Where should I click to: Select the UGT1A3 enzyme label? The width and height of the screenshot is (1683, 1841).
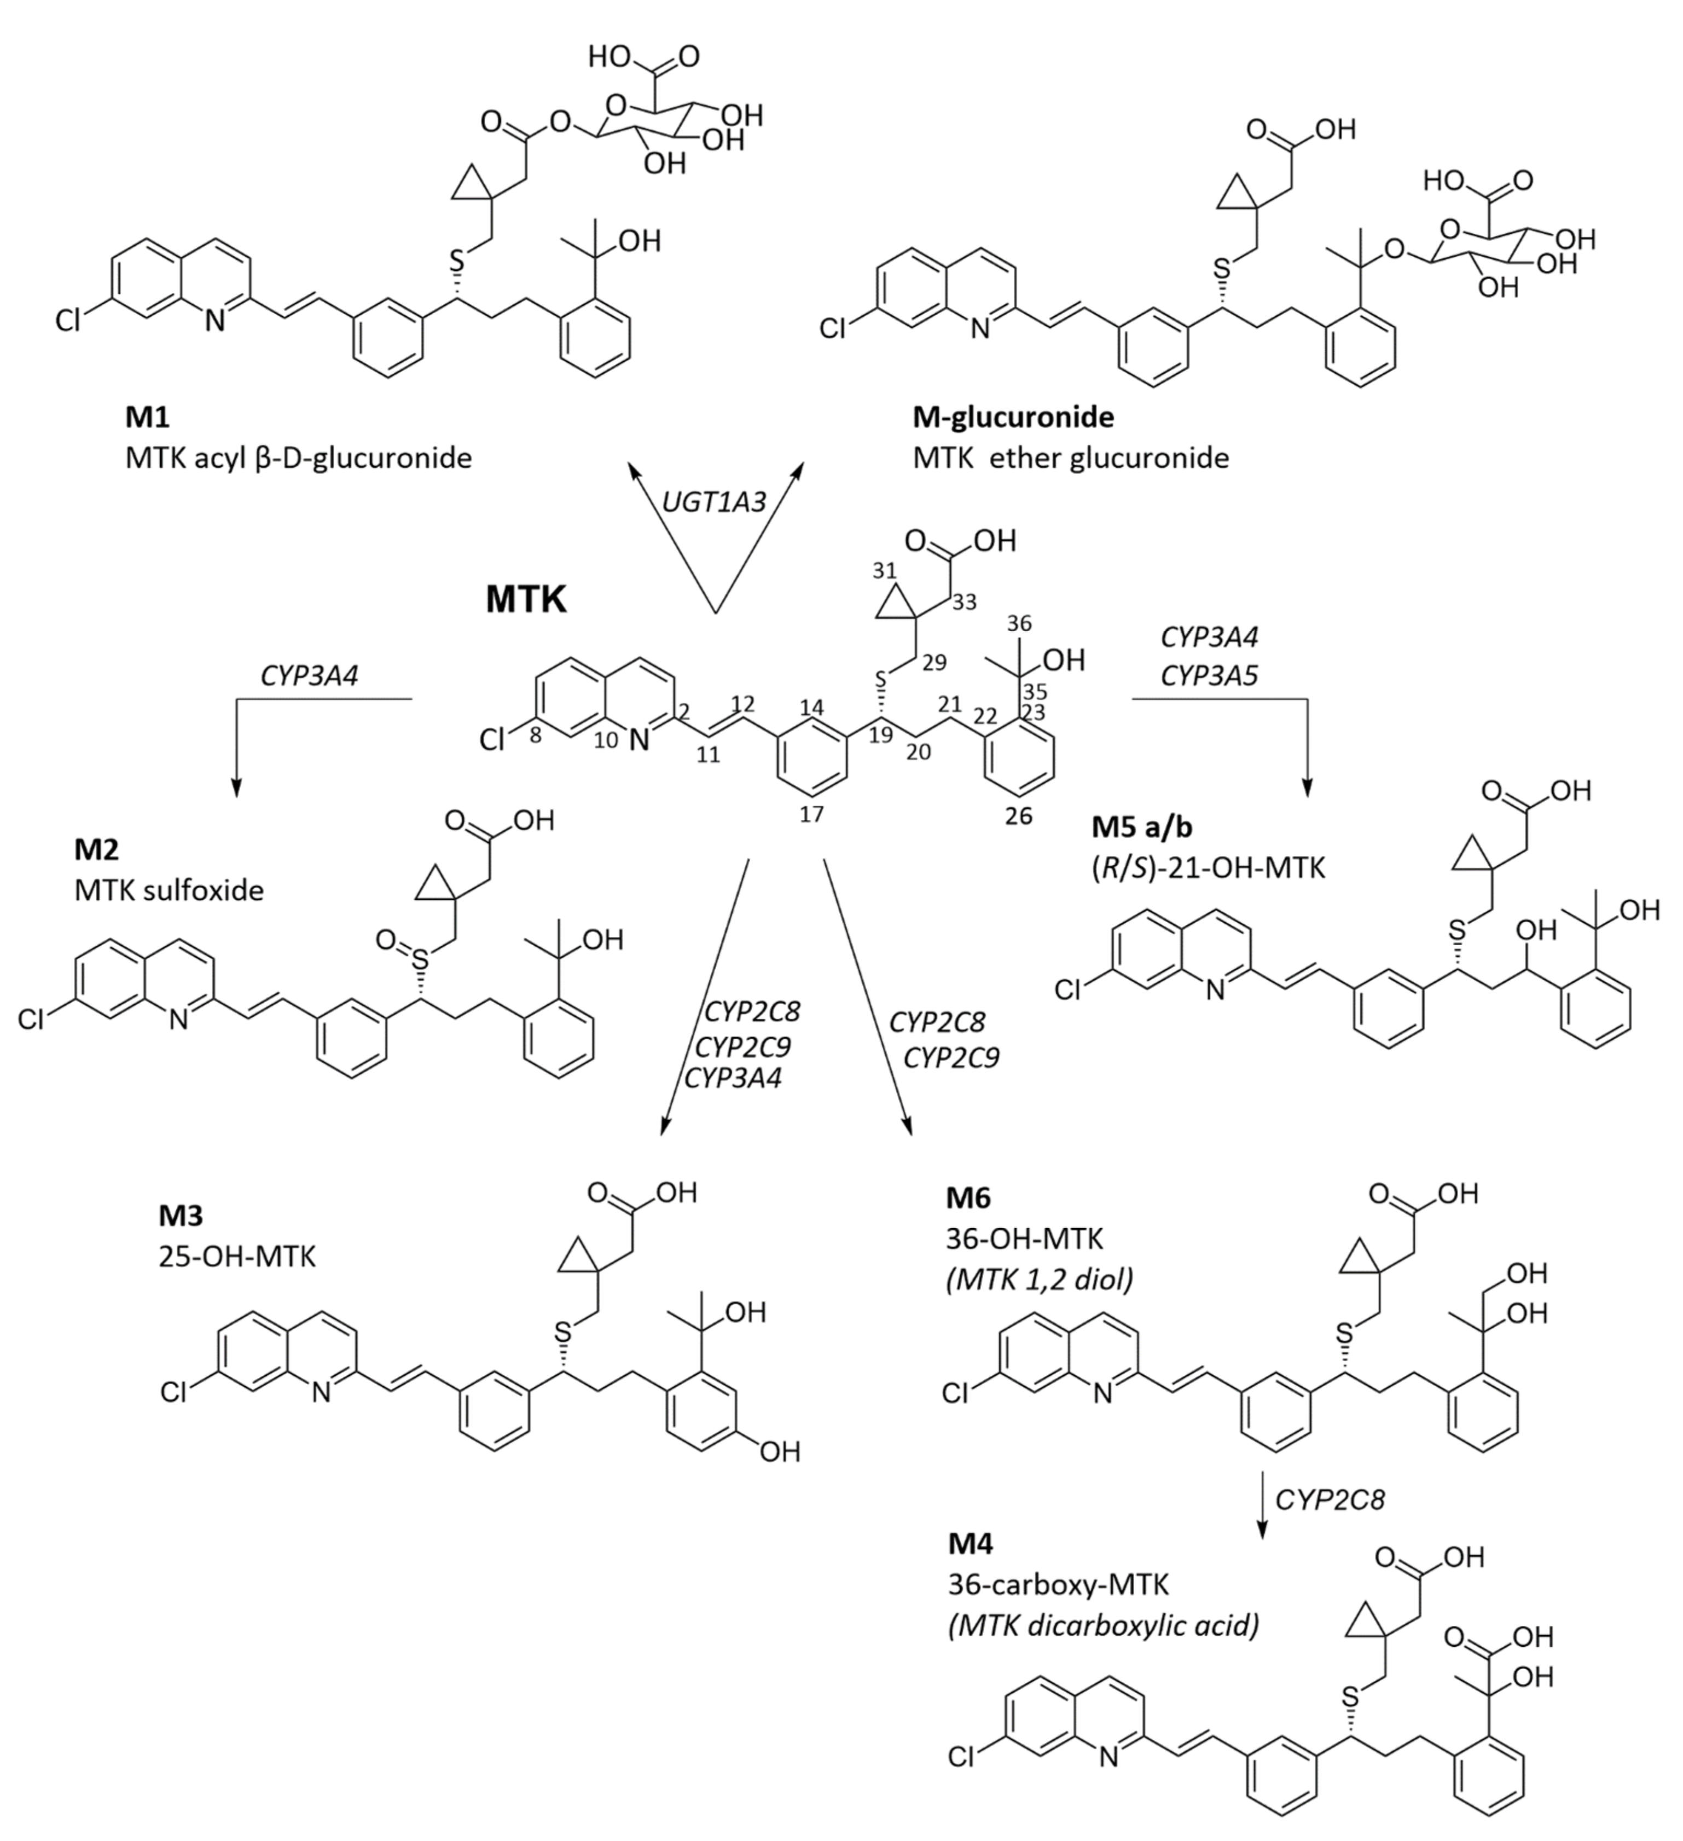click(x=714, y=501)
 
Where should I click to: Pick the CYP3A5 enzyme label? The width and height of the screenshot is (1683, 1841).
click(x=1209, y=676)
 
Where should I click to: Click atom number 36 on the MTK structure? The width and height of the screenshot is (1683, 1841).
click(x=1018, y=624)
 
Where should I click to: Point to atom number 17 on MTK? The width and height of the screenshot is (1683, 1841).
click(x=811, y=814)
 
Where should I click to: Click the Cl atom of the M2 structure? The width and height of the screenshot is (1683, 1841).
click(x=32, y=1019)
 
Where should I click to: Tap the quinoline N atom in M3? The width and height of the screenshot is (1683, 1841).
click(x=321, y=1393)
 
